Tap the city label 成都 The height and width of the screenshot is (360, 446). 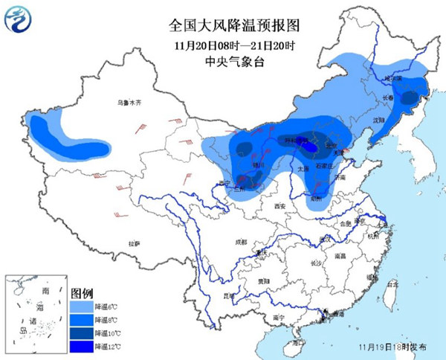(240, 242)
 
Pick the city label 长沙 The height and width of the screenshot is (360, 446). (314, 263)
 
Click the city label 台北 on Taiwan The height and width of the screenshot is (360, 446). (392, 283)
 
